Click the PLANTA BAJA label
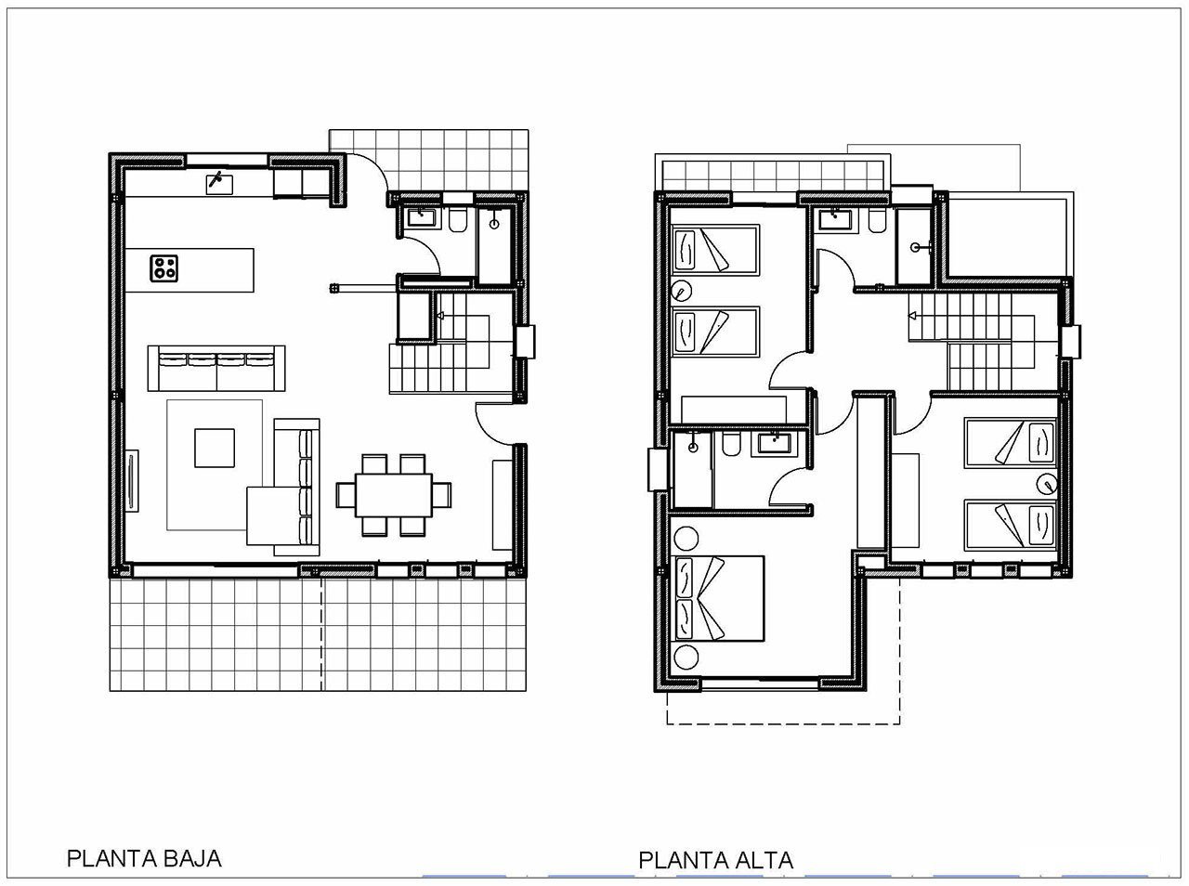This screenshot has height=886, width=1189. (144, 858)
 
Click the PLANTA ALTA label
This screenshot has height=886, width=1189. (715, 860)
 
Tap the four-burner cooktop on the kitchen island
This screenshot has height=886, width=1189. (163, 268)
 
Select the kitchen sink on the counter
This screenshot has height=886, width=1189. (219, 184)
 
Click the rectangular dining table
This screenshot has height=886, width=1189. (394, 495)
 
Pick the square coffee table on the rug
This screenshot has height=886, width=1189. (215, 448)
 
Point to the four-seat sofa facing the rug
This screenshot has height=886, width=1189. (216, 368)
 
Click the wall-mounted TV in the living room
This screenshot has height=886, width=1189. (132, 480)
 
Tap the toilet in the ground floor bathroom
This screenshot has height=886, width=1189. (458, 219)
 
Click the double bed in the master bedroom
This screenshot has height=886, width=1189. (718, 598)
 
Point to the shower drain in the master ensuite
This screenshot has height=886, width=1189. (693, 448)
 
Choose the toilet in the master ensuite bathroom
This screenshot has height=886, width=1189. (731, 443)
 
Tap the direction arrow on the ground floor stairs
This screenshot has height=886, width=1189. (440, 315)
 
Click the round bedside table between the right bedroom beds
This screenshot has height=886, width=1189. (1047, 484)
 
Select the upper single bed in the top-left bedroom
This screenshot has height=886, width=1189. (715, 250)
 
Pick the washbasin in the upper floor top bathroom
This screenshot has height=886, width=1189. (834, 219)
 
